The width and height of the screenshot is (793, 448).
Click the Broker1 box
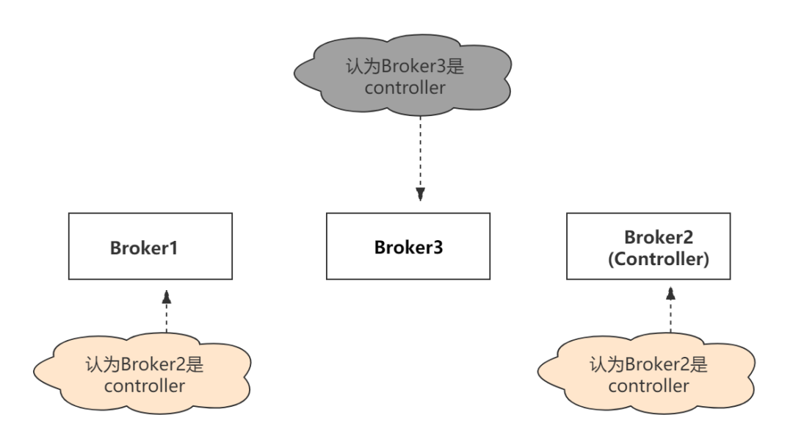(151, 246)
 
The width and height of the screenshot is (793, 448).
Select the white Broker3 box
(408, 246)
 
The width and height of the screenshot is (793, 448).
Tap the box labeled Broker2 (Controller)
(648, 246)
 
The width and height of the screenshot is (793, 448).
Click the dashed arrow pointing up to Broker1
(167, 312)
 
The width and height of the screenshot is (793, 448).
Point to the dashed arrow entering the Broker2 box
(670, 308)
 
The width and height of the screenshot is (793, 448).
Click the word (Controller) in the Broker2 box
(659, 260)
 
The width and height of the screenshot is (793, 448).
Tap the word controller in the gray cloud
(405, 87)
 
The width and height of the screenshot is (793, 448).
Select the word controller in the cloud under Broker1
(145, 386)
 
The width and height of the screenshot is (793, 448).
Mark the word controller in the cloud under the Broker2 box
(648, 386)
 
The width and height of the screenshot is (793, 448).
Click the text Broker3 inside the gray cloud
(413, 66)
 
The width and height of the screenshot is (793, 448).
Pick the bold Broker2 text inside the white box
(659, 237)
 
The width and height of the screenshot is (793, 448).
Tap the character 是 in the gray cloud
(456, 66)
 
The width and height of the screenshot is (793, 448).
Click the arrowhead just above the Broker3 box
(421, 195)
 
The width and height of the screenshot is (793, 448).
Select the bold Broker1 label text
(144, 248)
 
